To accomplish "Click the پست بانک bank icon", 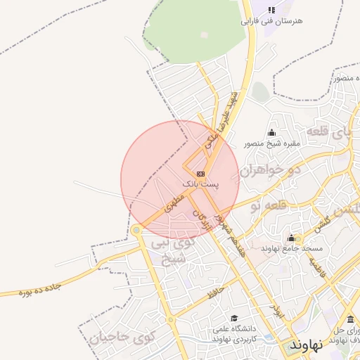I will [x=201, y=173].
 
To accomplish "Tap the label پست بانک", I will [x=200, y=184].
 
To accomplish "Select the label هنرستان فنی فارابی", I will [x=271, y=21].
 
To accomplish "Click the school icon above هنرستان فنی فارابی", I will [x=271, y=9].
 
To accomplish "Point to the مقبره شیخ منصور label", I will [x=271, y=144].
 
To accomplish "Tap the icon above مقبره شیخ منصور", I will [x=271, y=133].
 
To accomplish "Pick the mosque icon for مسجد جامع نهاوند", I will [x=291, y=238].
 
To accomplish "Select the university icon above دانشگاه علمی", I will [x=234, y=318].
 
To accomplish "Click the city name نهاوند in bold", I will [x=306, y=345].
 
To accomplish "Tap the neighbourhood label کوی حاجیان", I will [x=121, y=337].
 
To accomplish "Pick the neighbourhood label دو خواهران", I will [x=271, y=169].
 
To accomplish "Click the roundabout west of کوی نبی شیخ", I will [x=136, y=230].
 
